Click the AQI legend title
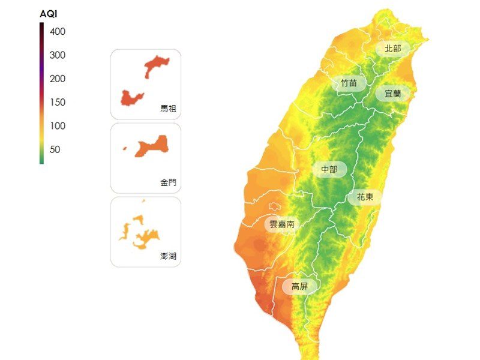coord(48,14)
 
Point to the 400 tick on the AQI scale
coord(58,32)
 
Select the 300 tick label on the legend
coord(58,55)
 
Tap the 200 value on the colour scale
coord(58,79)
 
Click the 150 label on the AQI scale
coord(58,103)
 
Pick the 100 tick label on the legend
coord(58,126)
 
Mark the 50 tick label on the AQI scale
coord(55,149)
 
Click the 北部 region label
coord(393,49)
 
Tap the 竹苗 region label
coord(349,83)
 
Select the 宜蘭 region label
coord(393,94)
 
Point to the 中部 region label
coord(329,170)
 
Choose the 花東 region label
coord(365,197)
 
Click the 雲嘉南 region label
coord(281,224)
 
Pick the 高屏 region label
coord(299,286)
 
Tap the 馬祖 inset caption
coord(169,109)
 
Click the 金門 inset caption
coord(169,182)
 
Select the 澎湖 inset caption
coord(169,256)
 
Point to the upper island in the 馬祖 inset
coord(157,65)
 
